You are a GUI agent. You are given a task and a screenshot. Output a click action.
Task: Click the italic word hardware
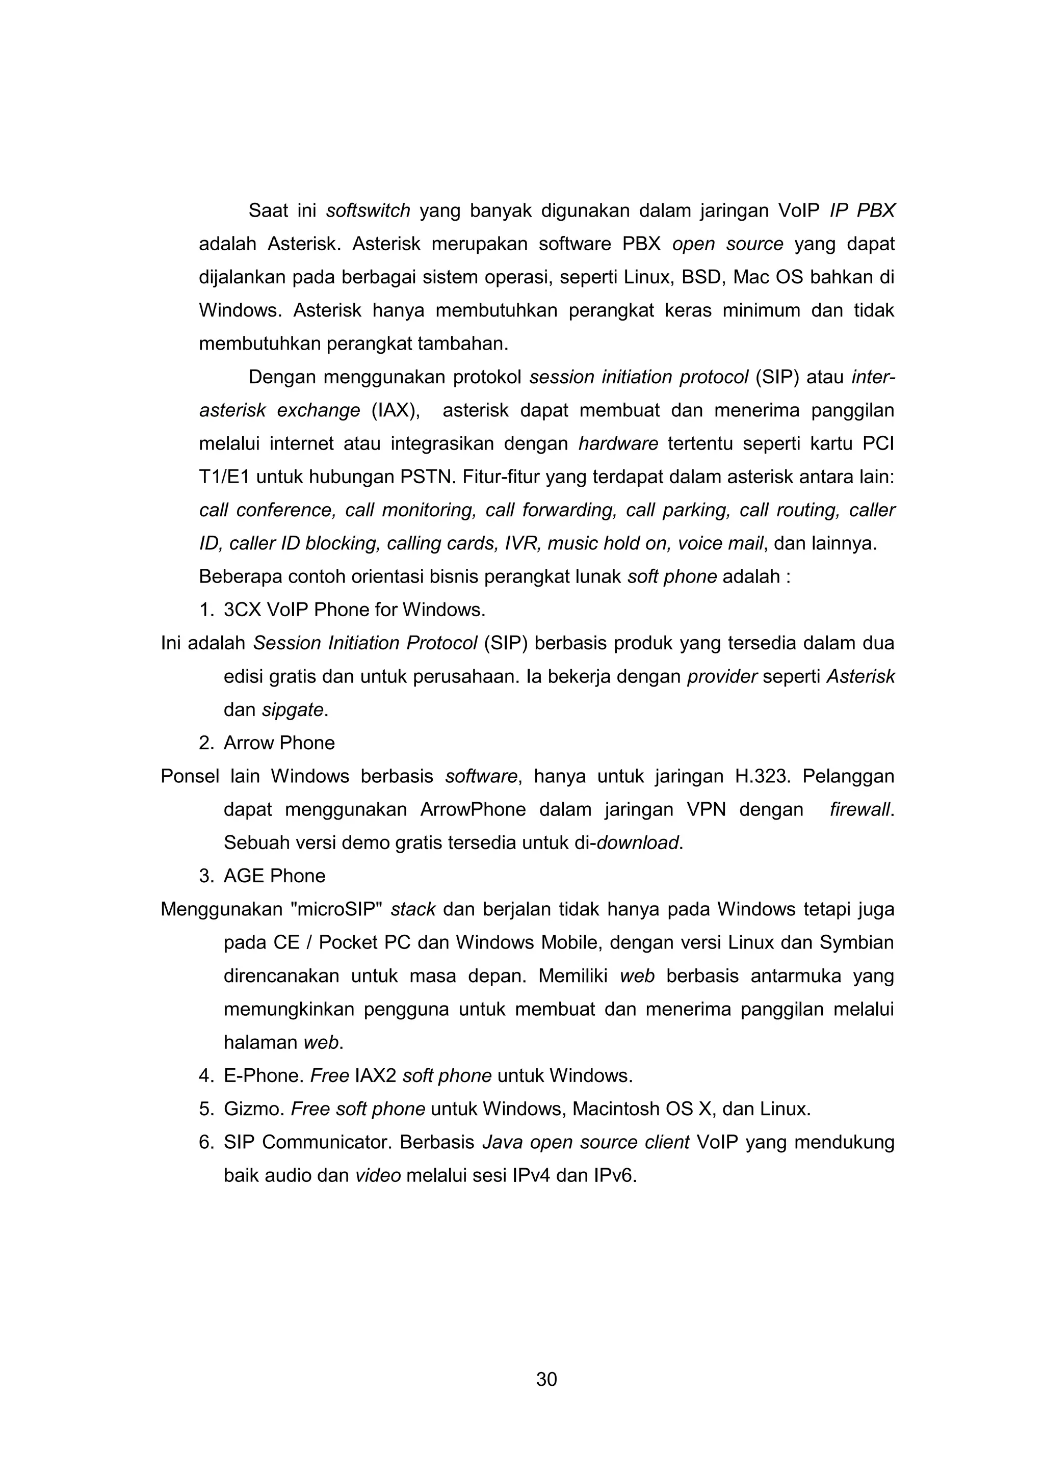618,443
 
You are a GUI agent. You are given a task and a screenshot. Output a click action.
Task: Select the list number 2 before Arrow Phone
206,743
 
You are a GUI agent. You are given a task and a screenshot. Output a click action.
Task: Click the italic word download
638,843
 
